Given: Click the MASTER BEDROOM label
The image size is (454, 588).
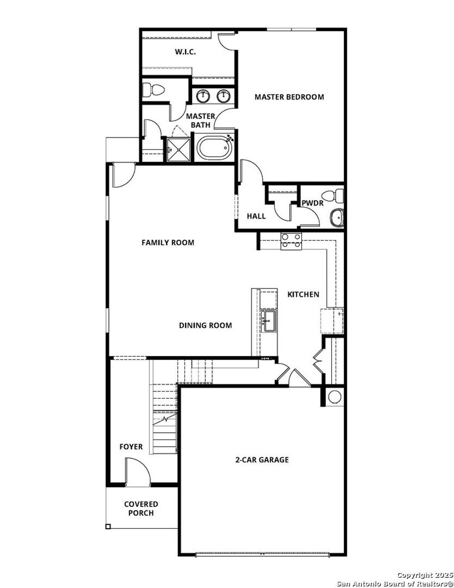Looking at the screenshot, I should [289, 97].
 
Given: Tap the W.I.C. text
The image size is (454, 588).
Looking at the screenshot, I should [185, 52].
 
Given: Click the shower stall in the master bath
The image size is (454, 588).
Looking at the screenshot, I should [179, 149].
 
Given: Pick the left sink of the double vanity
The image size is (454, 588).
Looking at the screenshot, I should [203, 96].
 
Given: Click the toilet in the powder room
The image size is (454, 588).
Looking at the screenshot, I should [333, 195].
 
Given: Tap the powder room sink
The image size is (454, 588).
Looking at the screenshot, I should [337, 217].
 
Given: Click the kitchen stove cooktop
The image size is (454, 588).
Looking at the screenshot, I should [291, 241].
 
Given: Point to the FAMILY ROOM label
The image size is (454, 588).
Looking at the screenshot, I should [168, 243].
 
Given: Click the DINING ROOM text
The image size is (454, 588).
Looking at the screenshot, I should [205, 325].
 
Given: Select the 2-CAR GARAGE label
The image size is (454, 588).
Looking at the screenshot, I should [262, 460].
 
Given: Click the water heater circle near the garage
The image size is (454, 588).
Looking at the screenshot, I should [334, 397].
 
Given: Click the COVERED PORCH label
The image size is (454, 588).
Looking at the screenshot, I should [141, 508].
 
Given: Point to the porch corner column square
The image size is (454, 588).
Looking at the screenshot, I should [108, 527].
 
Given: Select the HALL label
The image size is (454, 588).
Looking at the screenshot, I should [256, 216].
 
